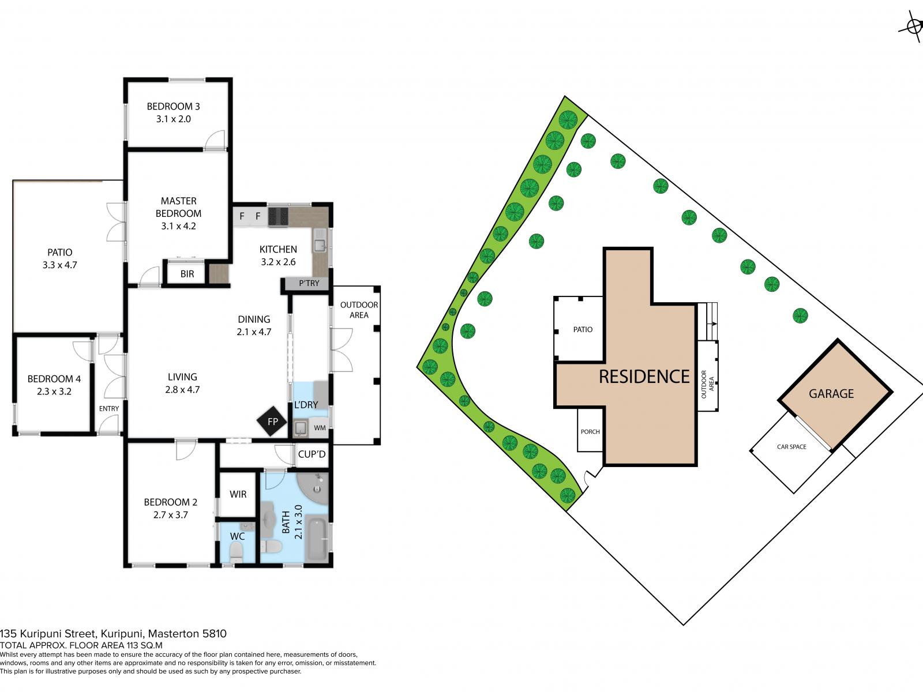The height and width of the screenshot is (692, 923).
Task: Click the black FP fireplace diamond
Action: [272, 422]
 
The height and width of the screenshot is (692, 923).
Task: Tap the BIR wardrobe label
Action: [187, 274]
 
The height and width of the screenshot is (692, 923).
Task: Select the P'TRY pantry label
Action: [309, 283]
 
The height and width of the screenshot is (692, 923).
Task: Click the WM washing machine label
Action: [320, 428]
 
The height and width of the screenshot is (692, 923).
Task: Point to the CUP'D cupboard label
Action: [312, 454]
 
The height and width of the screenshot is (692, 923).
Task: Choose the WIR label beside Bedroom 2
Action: [238, 494]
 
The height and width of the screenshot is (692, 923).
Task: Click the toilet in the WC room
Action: [237, 552]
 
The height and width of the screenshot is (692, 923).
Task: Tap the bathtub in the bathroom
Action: [317, 539]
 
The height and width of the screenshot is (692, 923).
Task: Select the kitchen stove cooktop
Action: [278, 217]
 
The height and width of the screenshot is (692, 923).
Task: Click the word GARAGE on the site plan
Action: [831, 394]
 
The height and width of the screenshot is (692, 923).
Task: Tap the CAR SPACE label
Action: [791, 446]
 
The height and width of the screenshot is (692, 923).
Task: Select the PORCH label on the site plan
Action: [590, 431]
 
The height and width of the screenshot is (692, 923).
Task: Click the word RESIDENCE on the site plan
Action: [644, 377]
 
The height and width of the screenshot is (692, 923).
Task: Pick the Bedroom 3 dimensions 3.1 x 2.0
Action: [173, 119]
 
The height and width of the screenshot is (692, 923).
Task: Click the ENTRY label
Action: [109, 408]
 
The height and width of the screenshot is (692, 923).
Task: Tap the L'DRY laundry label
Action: [306, 405]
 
